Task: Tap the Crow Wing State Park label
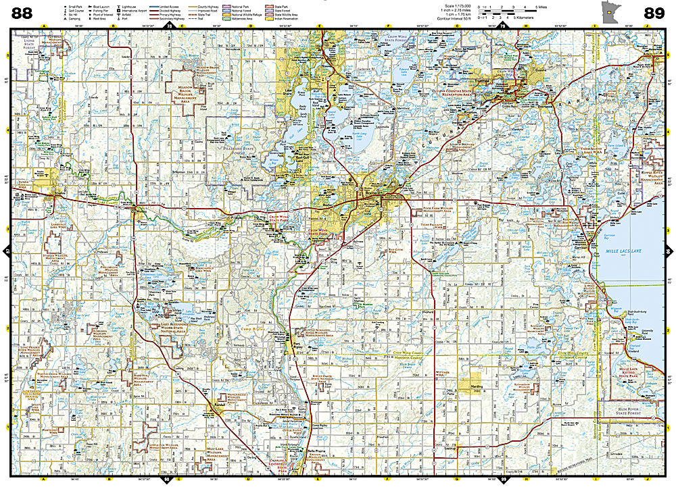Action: point(267,220)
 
